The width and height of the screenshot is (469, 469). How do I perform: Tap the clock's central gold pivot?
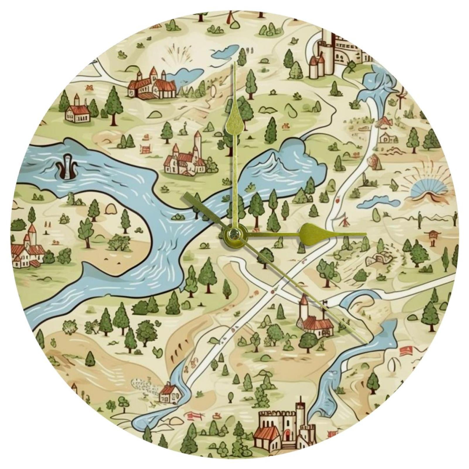tap(233, 233)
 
